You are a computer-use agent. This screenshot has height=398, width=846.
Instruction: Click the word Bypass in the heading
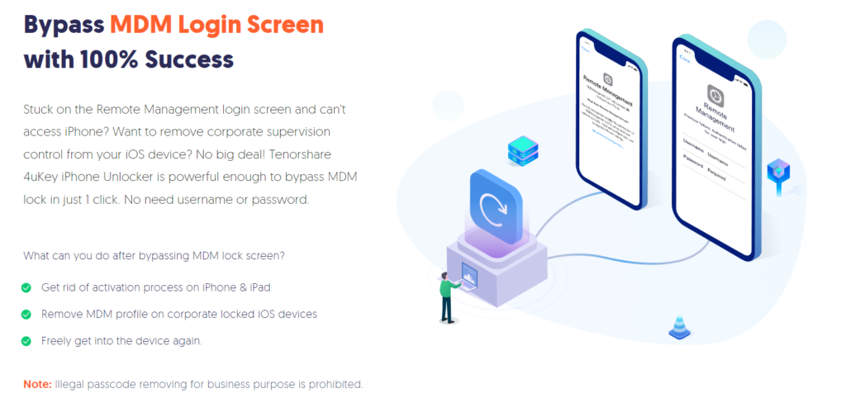(x=63, y=25)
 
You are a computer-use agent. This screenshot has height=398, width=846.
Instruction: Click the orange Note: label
(x=37, y=385)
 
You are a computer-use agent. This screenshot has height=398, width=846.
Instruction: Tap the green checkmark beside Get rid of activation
(x=26, y=287)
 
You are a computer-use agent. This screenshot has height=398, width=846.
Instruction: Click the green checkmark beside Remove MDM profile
(x=26, y=314)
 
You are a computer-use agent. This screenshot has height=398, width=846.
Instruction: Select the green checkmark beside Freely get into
(x=26, y=340)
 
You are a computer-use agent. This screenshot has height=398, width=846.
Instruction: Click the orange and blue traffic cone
(x=679, y=328)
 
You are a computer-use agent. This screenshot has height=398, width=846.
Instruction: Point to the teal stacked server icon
(x=523, y=152)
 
